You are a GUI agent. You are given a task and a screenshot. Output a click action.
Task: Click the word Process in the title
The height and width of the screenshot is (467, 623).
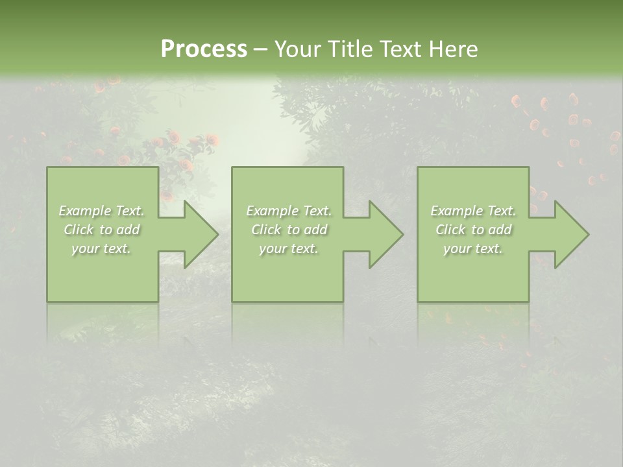tap(204, 49)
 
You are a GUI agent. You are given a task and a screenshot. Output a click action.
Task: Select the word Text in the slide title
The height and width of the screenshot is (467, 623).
tap(401, 49)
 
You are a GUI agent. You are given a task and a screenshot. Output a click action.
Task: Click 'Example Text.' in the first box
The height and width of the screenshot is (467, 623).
tap(101, 211)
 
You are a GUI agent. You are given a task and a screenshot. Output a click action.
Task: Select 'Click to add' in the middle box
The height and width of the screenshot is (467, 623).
tap(289, 230)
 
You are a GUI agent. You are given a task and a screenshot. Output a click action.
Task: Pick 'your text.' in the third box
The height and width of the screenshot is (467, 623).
tap(473, 248)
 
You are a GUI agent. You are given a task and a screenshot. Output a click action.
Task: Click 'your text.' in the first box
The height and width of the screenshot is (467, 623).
tap(101, 248)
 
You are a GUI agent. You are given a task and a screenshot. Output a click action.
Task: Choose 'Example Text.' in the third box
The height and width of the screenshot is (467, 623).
tap(473, 211)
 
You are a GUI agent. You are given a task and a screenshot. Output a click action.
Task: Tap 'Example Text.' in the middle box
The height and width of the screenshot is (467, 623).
tap(289, 211)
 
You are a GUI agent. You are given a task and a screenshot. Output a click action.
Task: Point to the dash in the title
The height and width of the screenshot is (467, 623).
tap(260, 49)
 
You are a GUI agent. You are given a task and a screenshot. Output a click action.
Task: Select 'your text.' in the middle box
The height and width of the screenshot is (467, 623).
tap(289, 248)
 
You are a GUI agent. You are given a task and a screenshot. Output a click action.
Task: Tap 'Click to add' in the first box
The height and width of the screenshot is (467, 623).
tap(101, 230)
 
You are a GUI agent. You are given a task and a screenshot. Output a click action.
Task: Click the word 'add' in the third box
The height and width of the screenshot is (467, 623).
tap(500, 230)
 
